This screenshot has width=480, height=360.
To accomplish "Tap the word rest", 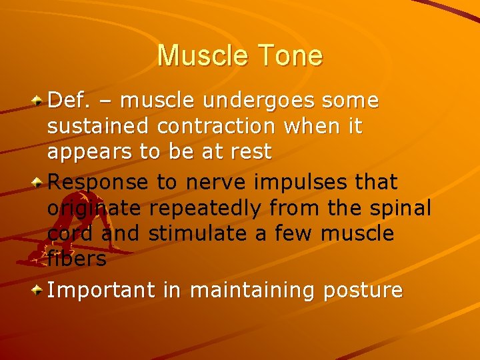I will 247,151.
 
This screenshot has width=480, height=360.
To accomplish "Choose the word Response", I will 99,181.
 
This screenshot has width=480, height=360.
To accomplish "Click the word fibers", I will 77,258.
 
